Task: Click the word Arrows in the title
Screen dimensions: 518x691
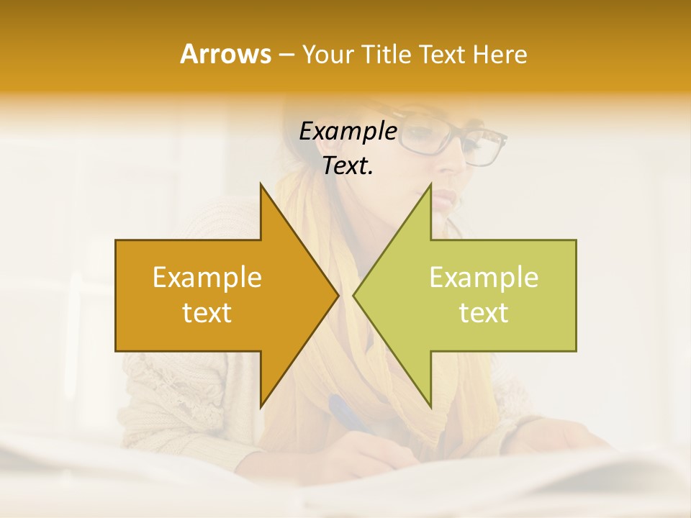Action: [x=225, y=54]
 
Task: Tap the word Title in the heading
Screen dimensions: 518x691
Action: [x=386, y=54]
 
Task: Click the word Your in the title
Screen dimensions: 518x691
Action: [x=325, y=54]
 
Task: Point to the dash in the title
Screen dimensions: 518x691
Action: [x=286, y=55]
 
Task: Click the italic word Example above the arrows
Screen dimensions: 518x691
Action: [x=348, y=131]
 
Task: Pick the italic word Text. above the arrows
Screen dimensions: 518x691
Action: [x=348, y=165]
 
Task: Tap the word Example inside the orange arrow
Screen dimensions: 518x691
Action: [x=207, y=277]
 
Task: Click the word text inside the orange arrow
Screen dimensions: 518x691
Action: [x=207, y=312]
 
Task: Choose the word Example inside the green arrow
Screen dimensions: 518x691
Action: [x=484, y=277]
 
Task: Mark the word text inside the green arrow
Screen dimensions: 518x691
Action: [x=484, y=312]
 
